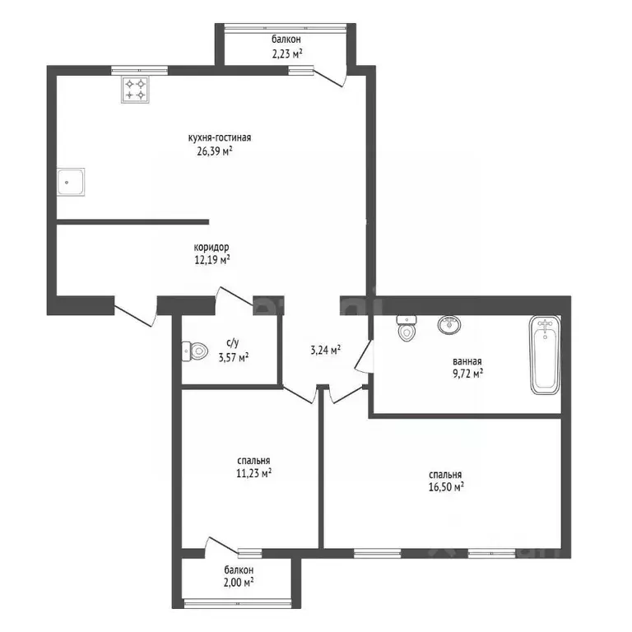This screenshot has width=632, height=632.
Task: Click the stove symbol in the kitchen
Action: tap(135, 90)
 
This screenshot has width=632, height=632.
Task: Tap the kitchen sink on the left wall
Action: tap(71, 182)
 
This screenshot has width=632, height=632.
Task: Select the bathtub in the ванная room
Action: tap(545, 355)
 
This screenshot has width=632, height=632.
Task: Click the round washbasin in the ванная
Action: tap(449, 324)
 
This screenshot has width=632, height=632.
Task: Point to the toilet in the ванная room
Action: tap(407, 328)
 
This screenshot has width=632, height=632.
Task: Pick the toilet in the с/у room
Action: tap(194, 351)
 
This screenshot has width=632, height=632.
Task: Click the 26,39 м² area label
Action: tap(215, 151)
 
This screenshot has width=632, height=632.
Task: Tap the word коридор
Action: tap(211, 247)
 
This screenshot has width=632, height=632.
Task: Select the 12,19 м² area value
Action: tap(212, 259)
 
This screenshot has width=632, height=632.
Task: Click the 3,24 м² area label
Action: tap(325, 350)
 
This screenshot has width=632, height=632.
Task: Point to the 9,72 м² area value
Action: tap(467, 374)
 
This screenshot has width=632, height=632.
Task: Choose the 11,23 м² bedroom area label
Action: tap(253, 473)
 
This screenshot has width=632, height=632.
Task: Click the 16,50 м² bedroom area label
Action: tap(446, 487)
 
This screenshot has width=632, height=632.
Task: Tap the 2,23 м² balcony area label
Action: tap(287, 53)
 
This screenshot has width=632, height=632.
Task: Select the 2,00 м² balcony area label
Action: tap(239, 582)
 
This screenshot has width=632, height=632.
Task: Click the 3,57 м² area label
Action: tap(234, 357)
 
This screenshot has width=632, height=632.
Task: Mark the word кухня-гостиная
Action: tap(220, 138)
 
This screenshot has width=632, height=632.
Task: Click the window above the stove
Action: tap(139, 70)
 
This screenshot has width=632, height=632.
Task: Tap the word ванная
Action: tap(467, 361)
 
